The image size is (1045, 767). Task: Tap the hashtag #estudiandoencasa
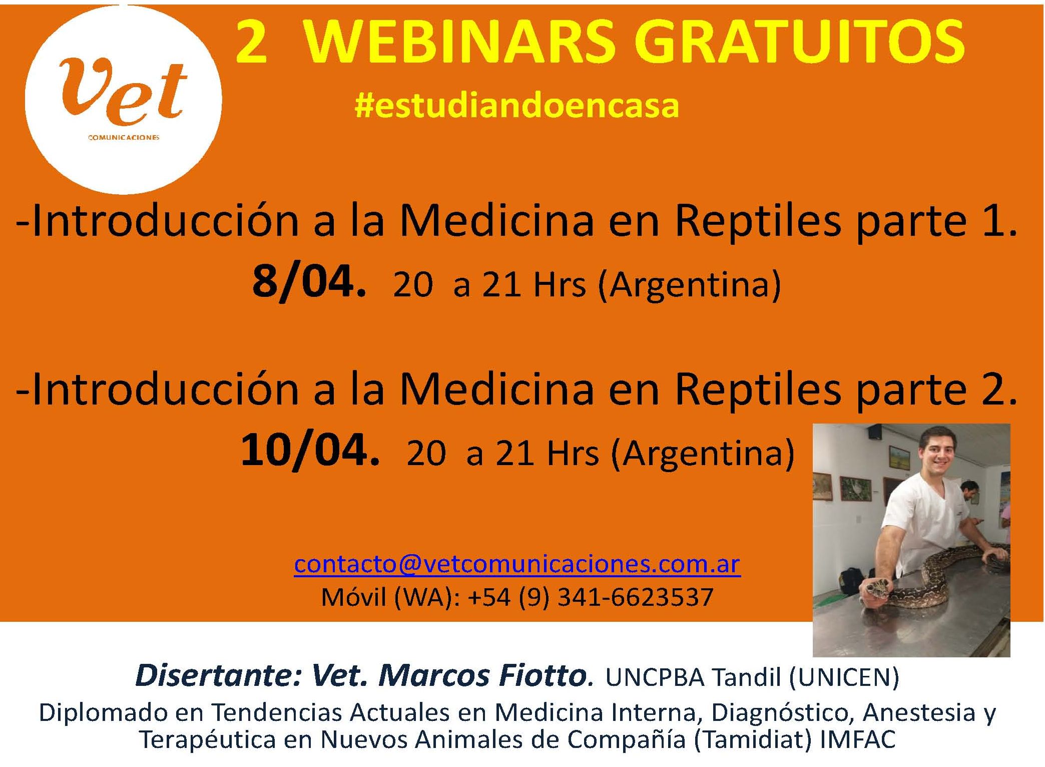[516, 106]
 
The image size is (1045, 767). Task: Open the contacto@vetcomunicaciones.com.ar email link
[517, 564]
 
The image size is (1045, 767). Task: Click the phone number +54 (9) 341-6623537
[590, 597]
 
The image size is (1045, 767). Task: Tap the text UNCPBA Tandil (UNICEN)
[752, 677]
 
